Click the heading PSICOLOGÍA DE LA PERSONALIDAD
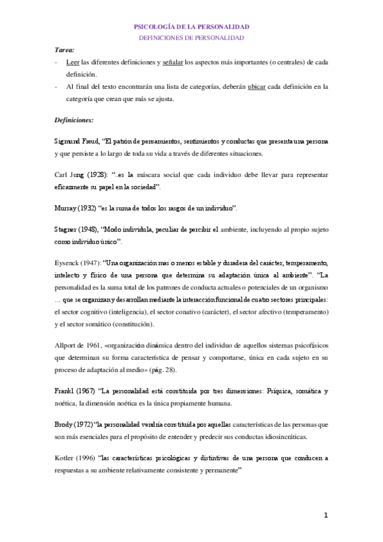[x=191, y=27]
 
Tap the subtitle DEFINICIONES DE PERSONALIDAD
[x=191, y=38]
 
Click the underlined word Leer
[x=73, y=62]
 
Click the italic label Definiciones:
[x=74, y=120]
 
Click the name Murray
[x=66, y=208]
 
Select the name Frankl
[x=66, y=391]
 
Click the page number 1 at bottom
[x=325, y=515]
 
